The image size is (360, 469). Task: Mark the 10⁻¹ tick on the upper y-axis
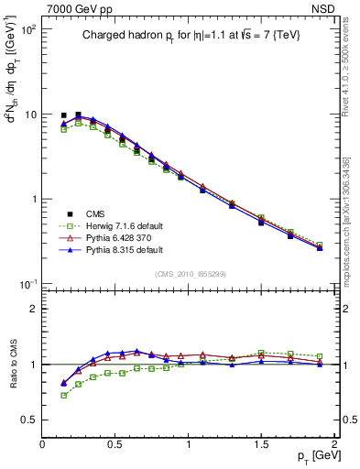pos(27,284)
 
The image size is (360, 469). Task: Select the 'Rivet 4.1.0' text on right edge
pos(346,92)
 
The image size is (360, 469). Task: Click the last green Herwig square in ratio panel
pos(320,356)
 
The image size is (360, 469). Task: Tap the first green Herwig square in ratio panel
pos(63,396)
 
